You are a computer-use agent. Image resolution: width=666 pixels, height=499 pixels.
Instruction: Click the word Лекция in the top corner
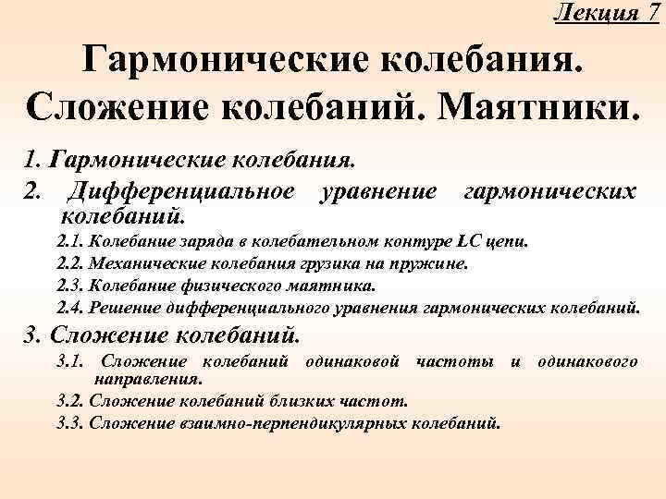click(597, 13)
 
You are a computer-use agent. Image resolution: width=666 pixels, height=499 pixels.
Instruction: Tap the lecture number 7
click(653, 13)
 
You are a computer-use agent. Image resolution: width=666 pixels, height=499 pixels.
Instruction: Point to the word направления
click(147, 378)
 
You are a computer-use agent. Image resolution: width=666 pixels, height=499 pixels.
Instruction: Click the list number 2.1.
click(69, 242)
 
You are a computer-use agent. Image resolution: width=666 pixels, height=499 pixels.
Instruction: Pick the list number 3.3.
click(69, 424)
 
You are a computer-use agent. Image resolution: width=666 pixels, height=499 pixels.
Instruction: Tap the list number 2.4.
click(69, 306)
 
